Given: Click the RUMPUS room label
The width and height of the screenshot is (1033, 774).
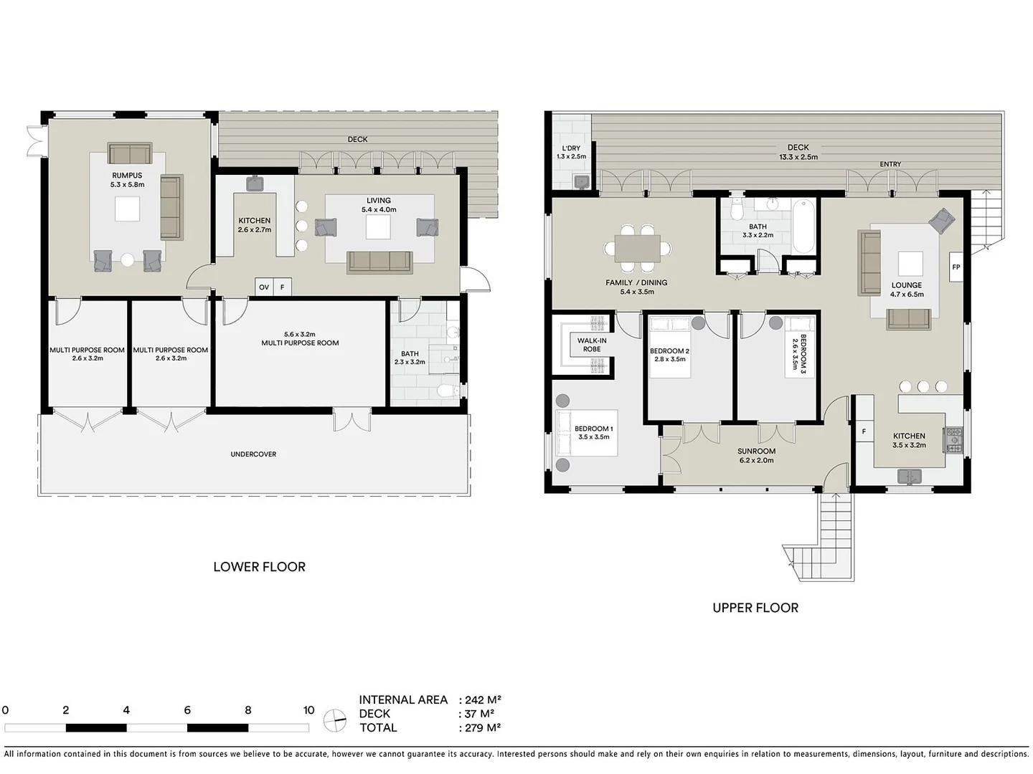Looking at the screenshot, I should pyautogui.click(x=127, y=176).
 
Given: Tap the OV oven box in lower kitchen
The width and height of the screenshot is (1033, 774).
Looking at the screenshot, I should pyautogui.click(x=264, y=287).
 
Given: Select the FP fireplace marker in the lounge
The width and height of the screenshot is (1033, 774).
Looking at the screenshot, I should pyautogui.click(x=956, y=267).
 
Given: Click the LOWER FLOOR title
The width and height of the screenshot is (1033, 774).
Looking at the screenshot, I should pyautogui.click(x=259, y=567).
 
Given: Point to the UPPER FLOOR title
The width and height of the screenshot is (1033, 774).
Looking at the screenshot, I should pyautogui.click(x=755, y=608).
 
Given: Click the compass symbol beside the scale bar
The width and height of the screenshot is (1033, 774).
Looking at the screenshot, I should pyautogui.click(x=334, y=720).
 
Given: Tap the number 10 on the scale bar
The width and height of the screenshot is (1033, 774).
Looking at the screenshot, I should pyautogui.click(x=308, y=710).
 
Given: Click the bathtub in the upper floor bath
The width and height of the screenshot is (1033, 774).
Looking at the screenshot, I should pyautogui.click(x=803, y=225).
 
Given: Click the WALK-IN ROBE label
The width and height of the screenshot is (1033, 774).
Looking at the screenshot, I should pyautogui.click(x=592, y=345).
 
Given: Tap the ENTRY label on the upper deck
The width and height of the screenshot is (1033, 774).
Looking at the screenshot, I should pyautogui.click(x=890, y=164).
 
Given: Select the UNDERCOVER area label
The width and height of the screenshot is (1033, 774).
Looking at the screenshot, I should pyautogui.click(x=253, y=454).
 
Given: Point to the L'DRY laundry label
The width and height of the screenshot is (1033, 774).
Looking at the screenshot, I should pyautogui.click(x=571, y=148).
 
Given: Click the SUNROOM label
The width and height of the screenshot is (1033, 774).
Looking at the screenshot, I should pyautogui.click(x=756, y=451).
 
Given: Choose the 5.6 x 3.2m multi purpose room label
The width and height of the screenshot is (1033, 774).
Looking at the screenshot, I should pyautogui.click(x=300, y=338).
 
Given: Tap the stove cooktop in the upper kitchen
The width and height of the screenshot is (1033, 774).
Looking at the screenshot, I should pyautogui.click(x=954, y=440).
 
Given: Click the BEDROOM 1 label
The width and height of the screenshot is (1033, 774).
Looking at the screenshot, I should pyautogui.click(x=593, y=429).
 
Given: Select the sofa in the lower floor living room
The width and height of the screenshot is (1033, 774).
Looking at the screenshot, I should pyautogui.click(x=379, y=262).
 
